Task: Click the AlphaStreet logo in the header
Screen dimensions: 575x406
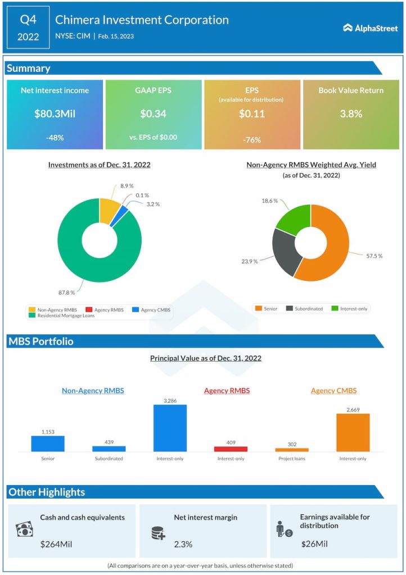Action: pos(370,28)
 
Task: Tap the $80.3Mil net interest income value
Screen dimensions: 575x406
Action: pos(55,114)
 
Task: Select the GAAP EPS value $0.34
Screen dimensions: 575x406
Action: pos(154,114)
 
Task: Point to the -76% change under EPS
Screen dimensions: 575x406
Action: pos(252,140)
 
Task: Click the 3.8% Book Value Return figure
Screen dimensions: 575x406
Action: pos(351,114)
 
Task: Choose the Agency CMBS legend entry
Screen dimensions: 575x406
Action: pos(153,309)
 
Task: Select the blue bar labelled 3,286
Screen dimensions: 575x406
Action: pos(170,427)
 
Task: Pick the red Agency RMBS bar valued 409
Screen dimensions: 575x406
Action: pos(231,449)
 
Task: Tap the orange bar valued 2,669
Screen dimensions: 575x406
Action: pos(353,432)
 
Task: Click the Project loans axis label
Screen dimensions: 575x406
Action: pos(291,459)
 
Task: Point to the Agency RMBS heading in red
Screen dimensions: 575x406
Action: pos(227,391)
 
